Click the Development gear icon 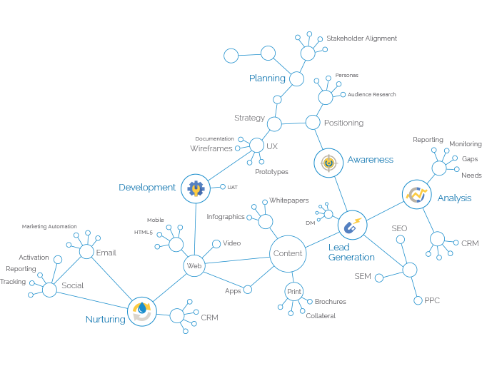pyautogui.click(x=195, y=188)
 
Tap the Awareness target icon pyautogui.click(x=328, y=162)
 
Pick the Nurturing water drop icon pyautogui.click(x=142, y=311)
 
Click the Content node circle pyautogui.click(x=288, y=253)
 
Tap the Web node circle pyautogui.click(x=194, y=266)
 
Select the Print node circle pyautogui.click(x=294, y=291)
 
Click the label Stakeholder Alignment pyautogui.click(x=361, y=39)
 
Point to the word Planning pyautogui.click(x=267, y=78)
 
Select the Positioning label pyautogui.click(x=343, y=123)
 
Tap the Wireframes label pyautogui.click(x=211, y=148)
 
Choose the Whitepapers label pyautogui.click(x=288, y=201)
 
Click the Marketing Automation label pyautogui.click(x=49, y=226)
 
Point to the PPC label pyautogui.click(x=432, y=300)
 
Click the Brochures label pyautogui.click(x=331, y=302)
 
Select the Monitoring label pyautogui.click(x=466, y=144)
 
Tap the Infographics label pyautogui.click(x=226, y=216)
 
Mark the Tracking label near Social pyautogui.click(x=14, y=282)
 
